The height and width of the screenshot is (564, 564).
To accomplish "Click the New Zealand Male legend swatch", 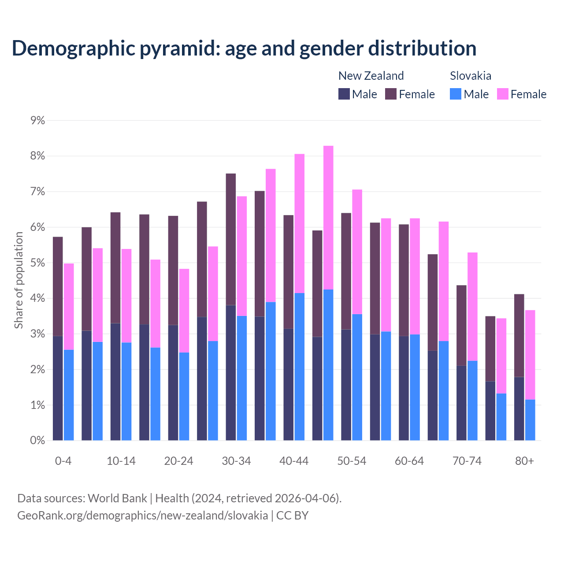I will tap(344, 94).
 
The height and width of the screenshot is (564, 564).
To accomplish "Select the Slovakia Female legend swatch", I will tap(503, 94).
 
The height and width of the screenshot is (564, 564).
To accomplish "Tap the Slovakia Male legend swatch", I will tap(456, 94).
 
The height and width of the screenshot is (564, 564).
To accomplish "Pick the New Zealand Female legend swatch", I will tap(391, 94).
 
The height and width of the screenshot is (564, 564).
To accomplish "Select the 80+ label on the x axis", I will tap(524, 461).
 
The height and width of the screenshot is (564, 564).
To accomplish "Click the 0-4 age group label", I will tap(63, 461).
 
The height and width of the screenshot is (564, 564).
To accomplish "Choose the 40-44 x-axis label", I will tap(294, 461).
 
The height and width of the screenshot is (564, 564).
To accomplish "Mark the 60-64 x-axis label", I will tap(409, 461).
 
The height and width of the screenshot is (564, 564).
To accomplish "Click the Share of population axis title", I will tap(19, 280).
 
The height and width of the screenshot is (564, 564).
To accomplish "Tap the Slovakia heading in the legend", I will tap(471, 76).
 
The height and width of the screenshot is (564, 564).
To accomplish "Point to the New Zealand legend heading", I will tap(371, 76).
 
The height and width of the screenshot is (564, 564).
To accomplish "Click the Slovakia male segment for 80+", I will tap(530, 420).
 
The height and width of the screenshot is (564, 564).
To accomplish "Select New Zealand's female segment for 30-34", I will tap(231, 239).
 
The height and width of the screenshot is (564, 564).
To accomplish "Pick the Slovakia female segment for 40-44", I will tap(300, 223).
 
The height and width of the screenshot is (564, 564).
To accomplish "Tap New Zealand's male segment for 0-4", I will tap(58, 388).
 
